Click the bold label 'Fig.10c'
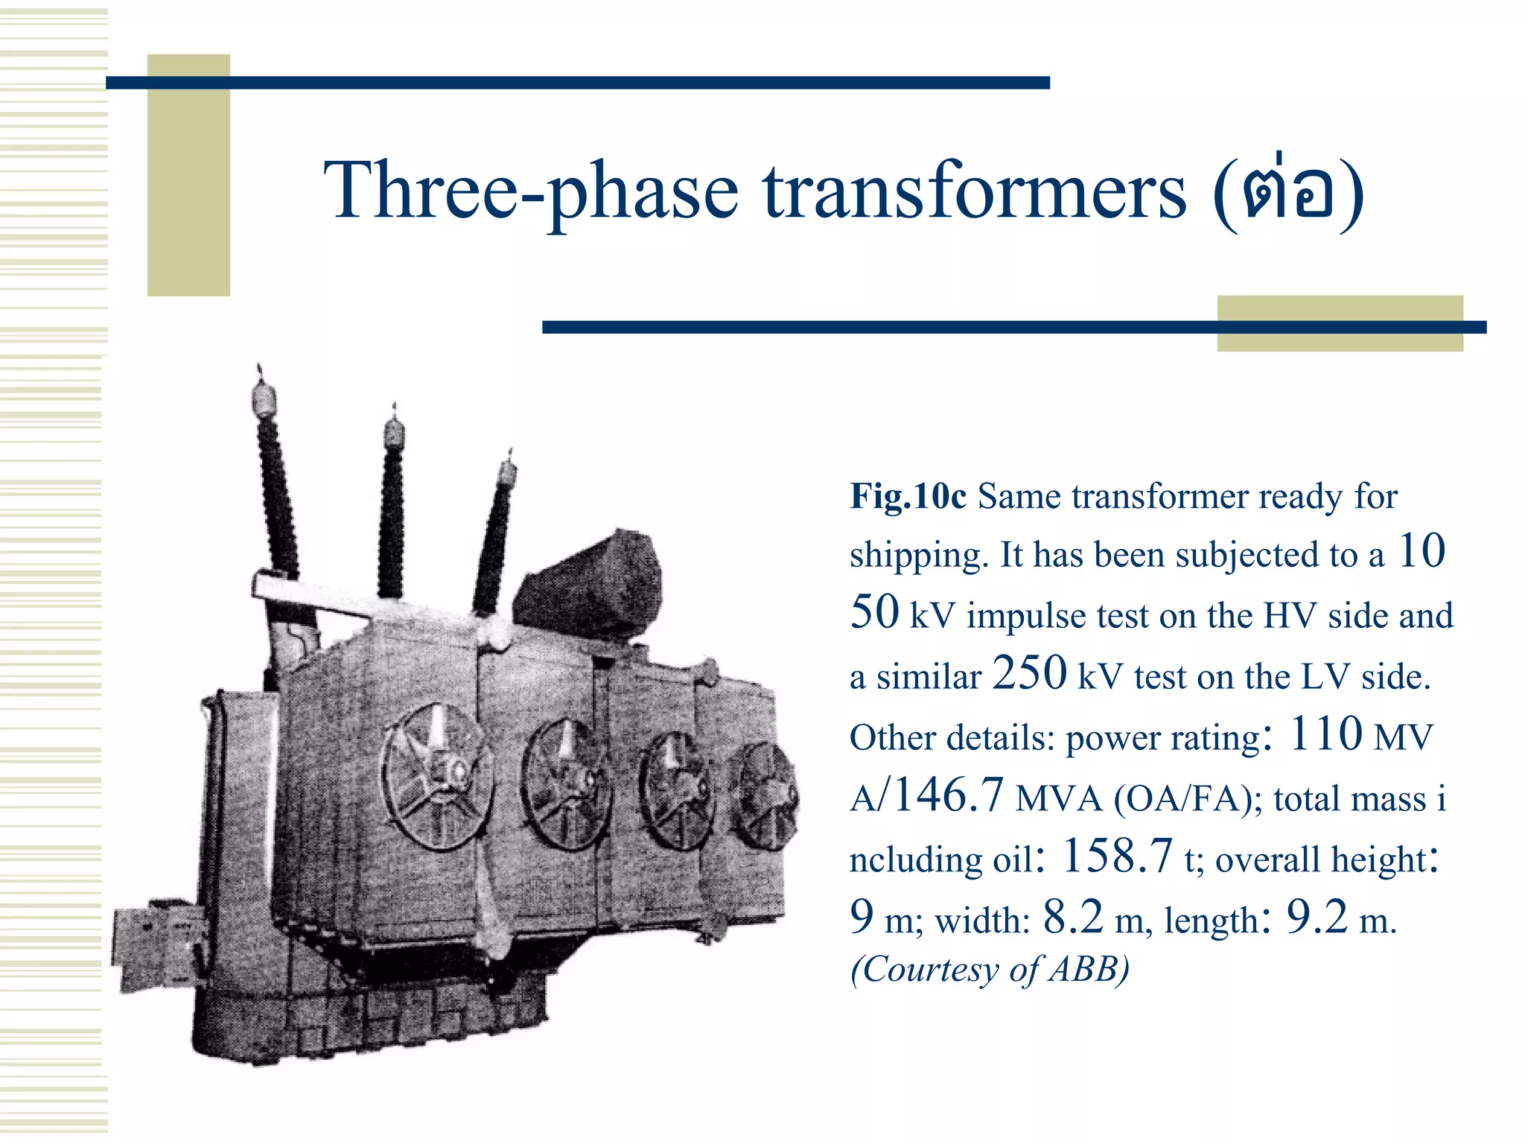tap(908, 496)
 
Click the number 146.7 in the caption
tap(949, 795)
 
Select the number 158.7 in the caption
tap(1117, 856)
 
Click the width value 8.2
tap(1073, 917)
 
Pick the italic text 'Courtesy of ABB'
tap(990, 969)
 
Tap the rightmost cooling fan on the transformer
tap(762, 795)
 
